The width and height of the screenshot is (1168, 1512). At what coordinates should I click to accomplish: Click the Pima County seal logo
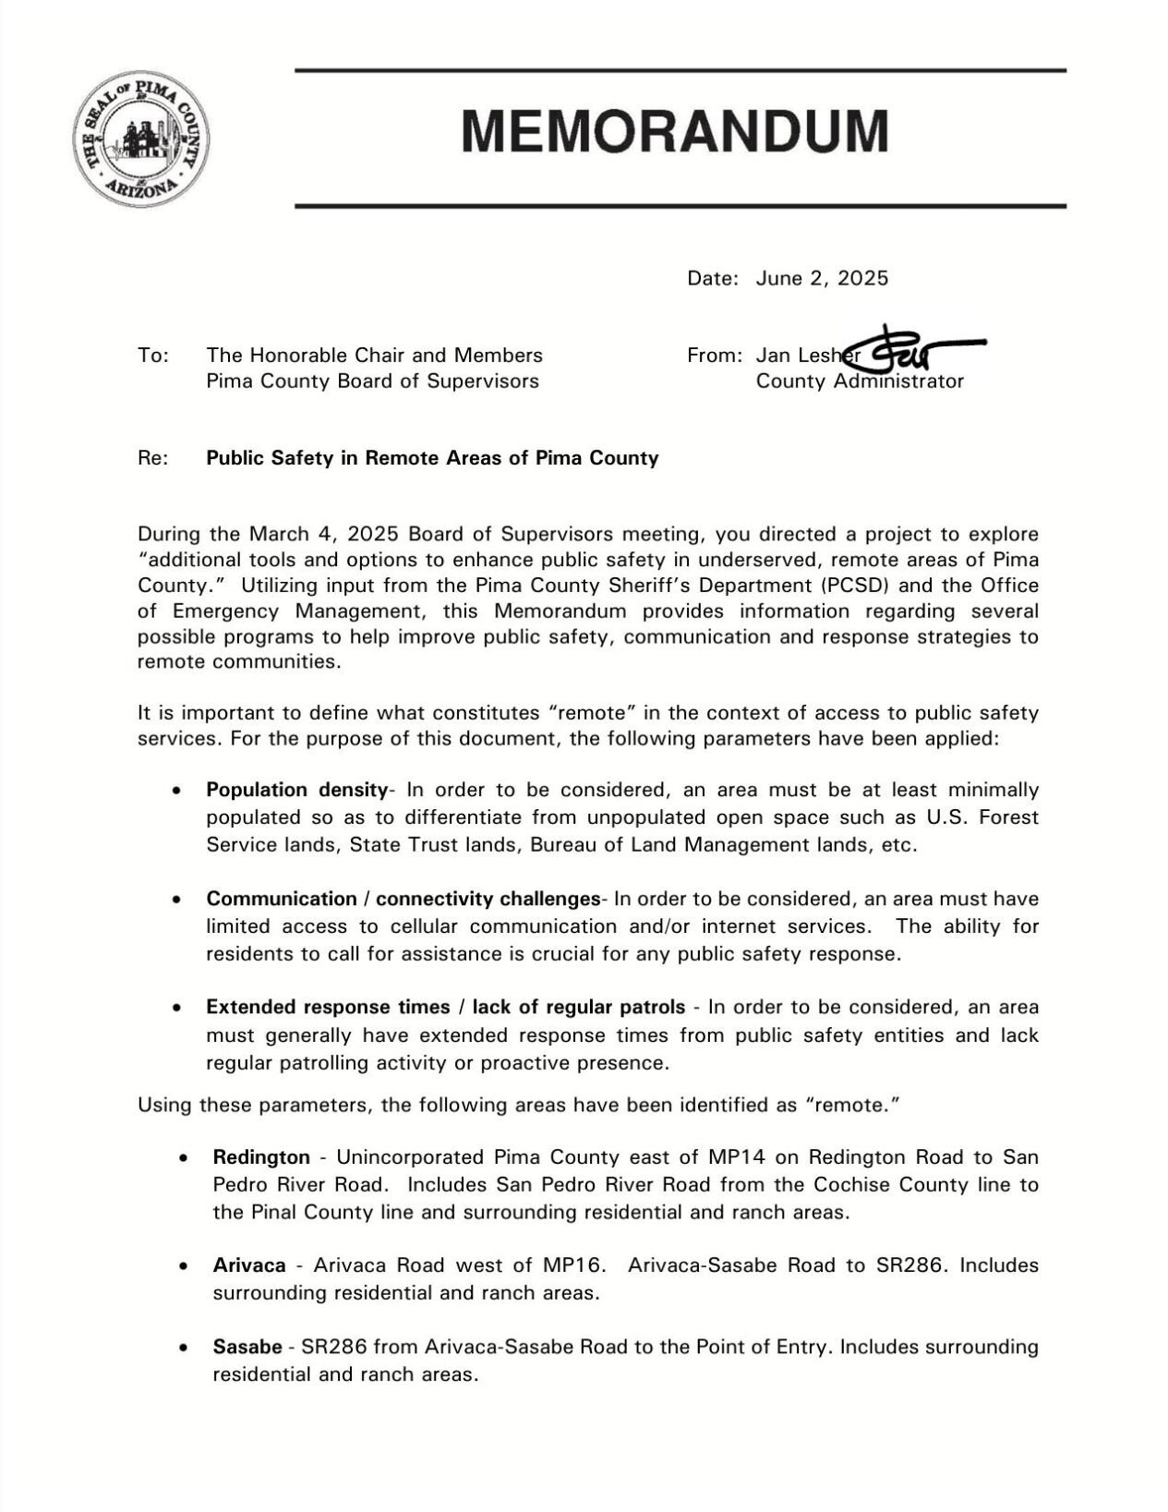click(x=139, y=139)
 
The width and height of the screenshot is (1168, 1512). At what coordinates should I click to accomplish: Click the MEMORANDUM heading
click(x=674, y=131)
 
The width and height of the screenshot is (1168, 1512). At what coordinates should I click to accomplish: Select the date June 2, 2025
click(x=821, y=278)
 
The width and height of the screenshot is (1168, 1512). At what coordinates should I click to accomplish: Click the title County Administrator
click(x=859, y=381)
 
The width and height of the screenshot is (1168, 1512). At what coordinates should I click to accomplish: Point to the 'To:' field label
click(x=152, y=356)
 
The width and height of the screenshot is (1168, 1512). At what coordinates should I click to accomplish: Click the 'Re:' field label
click(x=152, y=458)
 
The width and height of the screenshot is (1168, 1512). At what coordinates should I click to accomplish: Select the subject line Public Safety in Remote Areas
click(x=432, y=458)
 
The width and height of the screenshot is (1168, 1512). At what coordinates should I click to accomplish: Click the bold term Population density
click(x=296, y=791)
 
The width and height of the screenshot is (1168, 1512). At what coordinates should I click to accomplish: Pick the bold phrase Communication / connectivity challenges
click(x=403, y=900)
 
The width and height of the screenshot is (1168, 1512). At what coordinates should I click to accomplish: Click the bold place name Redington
click(x=261, y=1157)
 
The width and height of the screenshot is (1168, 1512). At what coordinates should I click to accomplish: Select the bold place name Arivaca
click(x=249, y=1265)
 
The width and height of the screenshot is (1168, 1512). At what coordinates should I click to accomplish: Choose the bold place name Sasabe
click(x=247, y=1348)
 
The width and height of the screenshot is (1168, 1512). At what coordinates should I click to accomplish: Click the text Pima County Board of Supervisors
click(x=372, y=381)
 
